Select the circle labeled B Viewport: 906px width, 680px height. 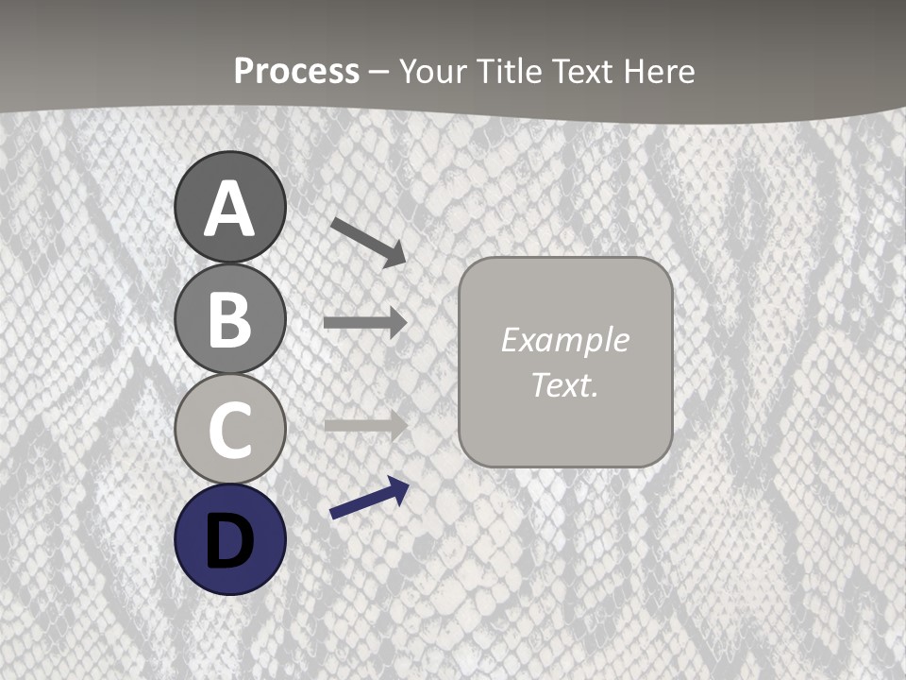coord(229,318)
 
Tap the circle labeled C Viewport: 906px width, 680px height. coord(229,429)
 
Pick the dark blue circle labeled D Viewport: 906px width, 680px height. coord(229,539)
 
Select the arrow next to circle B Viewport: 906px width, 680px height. coord(365,322)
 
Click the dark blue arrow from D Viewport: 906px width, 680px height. coord(369,498)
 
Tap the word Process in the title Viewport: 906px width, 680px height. coord(296,71)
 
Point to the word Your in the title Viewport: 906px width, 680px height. coord(433,71)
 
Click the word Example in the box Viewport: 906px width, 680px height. coord(564,340)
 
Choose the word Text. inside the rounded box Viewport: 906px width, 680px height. coord(564,384)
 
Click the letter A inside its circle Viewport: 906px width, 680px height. coord(229,209)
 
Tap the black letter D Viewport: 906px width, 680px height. coord(229,540)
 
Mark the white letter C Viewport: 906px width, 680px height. coord(229,430)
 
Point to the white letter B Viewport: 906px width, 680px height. coord(229,319)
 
